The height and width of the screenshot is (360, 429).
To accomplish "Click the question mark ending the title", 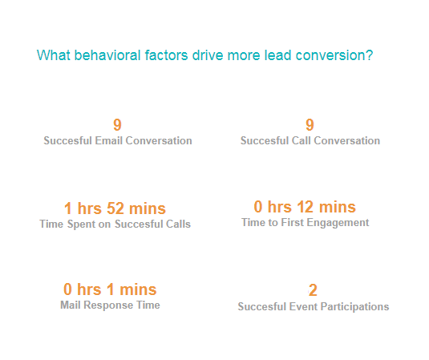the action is (x=370, y=55).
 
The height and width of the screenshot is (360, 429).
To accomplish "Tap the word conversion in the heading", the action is (x=330, y=55).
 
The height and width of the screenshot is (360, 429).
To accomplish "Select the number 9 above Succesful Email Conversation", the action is (x=117, y=125).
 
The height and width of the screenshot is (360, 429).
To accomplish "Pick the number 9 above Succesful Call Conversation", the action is (x=310, y=125).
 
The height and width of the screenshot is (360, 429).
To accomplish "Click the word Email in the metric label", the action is (x=108, y=140).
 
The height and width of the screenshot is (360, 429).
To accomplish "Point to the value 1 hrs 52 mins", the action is (x=115, y=208).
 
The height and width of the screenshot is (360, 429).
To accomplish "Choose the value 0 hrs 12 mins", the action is (x=305, y=207).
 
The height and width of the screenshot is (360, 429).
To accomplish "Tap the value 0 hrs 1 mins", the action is (x=110, y=289).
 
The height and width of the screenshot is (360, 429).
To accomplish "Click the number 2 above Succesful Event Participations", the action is (x=313, y=290).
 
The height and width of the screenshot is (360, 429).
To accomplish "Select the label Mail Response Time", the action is (x=110, y=305).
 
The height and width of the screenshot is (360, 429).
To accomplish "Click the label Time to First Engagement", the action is (x=305, y=223).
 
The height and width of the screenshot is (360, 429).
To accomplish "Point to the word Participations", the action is (x=354, y=306).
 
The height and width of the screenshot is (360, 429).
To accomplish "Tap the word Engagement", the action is (x=338, y=223).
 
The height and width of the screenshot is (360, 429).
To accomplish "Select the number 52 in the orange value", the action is (x=115, y=208).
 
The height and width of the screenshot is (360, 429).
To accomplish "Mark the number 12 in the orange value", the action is (x=305, y=207).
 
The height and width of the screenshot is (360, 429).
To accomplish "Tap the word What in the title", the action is (x=54, y=55).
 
